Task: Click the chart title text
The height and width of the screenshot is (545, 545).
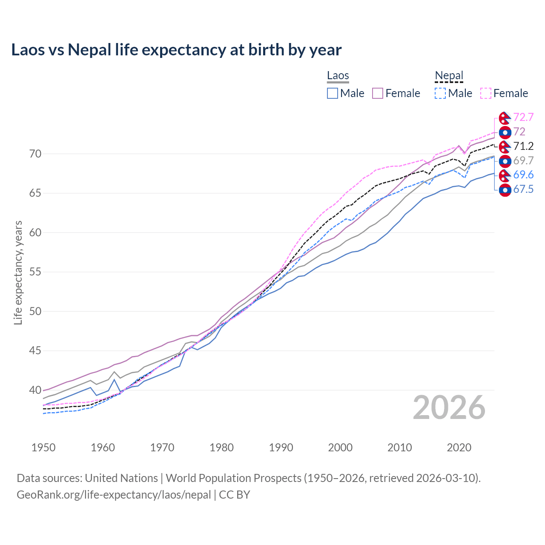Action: click(176, 50)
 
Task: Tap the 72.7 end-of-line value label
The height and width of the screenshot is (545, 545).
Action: click(523, 117)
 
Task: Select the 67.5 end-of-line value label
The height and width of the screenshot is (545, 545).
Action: click(523, 189)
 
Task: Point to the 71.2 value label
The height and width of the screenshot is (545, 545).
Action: click(523, 146)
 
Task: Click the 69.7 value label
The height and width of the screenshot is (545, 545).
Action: click(523, 161)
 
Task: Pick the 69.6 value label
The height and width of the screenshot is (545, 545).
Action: click(523, 175)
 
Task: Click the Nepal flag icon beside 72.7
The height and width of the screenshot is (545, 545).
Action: click(505, 118)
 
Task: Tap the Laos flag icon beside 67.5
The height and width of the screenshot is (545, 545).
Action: click(505, 190)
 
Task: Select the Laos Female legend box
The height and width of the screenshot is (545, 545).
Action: click(378, 93)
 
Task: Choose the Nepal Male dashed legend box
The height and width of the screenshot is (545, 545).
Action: click(440, 93)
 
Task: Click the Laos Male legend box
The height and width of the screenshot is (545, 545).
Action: click(333, 93)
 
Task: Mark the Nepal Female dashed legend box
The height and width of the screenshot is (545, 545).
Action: click(486, 93)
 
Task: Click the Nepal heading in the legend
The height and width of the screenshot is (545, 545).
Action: click(449, 76)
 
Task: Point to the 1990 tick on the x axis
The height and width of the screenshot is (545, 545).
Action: click(281, 447)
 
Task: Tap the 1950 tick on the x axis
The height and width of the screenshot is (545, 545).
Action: click(43, 447)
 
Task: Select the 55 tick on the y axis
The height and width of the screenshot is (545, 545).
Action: click(35, 272)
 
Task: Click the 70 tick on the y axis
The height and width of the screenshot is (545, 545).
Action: click(35, 154)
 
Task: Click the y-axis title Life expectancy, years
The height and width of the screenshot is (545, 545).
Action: click(18, 272)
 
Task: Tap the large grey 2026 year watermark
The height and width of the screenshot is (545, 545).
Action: click(449, 407)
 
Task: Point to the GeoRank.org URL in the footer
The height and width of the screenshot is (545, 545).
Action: click(114, 495)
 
